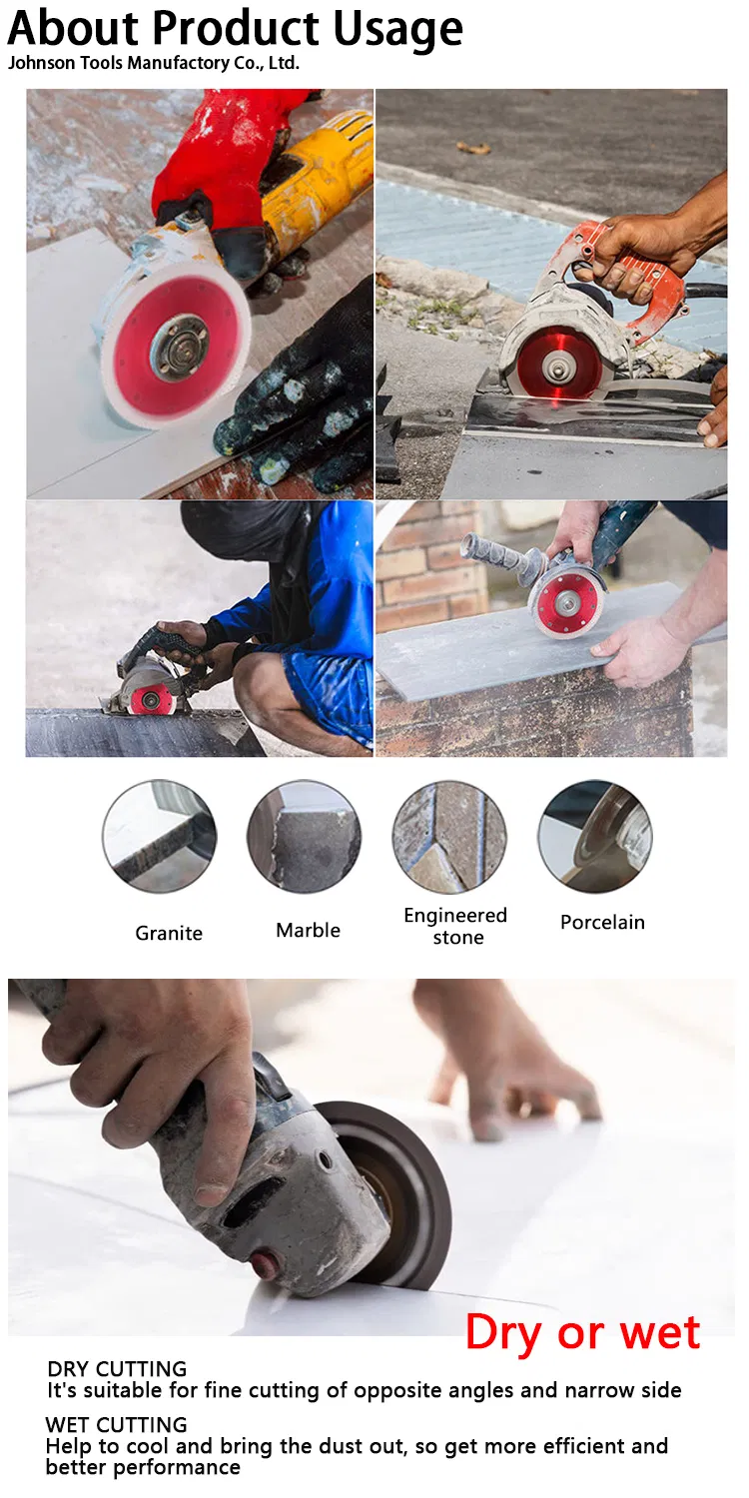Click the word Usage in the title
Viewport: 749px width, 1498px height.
397,30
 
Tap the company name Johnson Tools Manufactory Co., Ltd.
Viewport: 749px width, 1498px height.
153,63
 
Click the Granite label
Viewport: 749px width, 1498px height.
169,933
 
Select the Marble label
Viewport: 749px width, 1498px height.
309,930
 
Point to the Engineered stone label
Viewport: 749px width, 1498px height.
456,926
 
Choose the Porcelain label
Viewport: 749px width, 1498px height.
602,922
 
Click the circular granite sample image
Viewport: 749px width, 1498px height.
159,836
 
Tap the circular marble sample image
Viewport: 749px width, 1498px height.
304,836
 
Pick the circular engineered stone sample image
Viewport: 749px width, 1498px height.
449,836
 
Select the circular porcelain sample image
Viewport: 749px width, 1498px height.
594,836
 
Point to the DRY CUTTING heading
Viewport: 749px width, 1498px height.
117,1369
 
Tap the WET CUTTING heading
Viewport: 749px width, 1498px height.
117,1424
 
